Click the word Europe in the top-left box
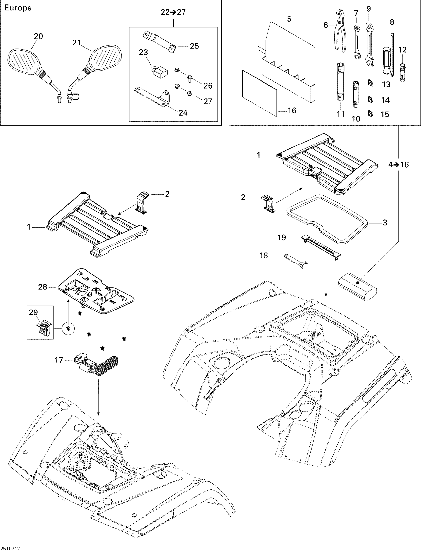18,8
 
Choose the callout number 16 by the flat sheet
292,110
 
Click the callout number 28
43,287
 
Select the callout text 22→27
173,12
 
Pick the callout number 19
282,237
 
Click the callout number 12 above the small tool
402,49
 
